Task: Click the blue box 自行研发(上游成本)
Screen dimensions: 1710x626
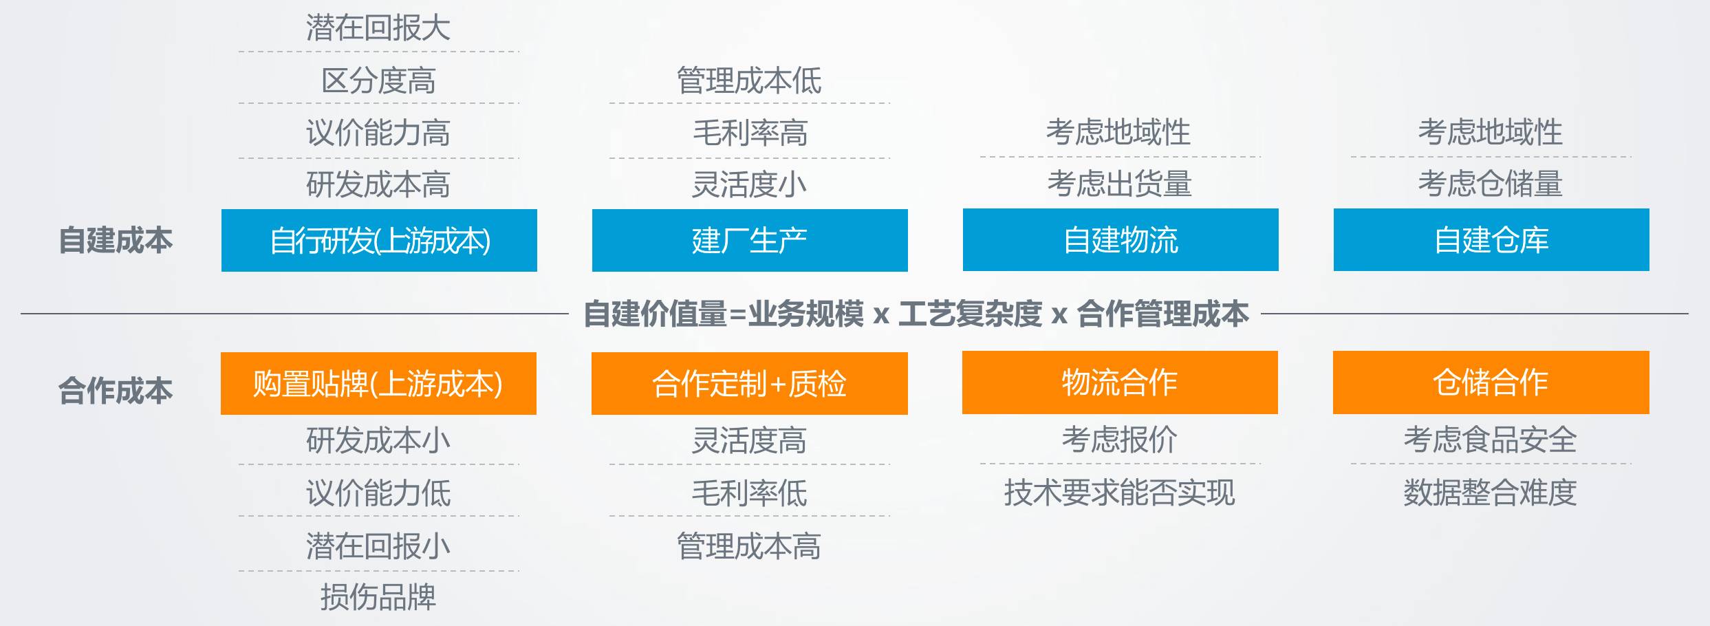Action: [x=379, y=240]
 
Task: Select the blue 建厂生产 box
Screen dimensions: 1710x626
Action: [x=750, y=240]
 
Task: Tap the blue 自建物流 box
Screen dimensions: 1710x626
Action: [x=1121, y=239]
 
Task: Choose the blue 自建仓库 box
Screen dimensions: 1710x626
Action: [x=1491, y=239]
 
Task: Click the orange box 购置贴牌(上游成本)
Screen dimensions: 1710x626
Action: [x=378, y=383]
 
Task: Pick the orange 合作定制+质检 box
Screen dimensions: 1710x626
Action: [x=750, y=383]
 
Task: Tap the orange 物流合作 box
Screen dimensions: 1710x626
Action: [x=1120, y=382]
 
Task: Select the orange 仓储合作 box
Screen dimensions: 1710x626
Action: [x=1491, y=382]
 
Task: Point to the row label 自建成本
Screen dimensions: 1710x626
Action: [x=116, y=240]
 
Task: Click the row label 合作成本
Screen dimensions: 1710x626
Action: [x=116, y=391]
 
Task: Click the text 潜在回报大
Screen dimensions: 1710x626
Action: [x=378, y=28]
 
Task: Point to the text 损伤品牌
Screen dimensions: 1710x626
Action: [x=378, y=596]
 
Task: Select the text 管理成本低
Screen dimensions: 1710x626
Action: [x=749, y=80]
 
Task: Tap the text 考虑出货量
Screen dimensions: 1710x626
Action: [x=1120, y=184]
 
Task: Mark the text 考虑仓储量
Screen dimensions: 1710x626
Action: [x=1491, y=184]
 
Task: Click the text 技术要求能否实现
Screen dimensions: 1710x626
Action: [x=1120, y=493]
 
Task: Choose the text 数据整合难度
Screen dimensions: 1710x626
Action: [x=1491, y=493]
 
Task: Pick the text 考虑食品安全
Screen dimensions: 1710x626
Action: [x=1491, y=440]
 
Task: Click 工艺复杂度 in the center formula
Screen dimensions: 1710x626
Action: [x=970, y=314]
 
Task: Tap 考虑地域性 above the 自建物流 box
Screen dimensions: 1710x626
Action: [x=1119, y=132]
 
